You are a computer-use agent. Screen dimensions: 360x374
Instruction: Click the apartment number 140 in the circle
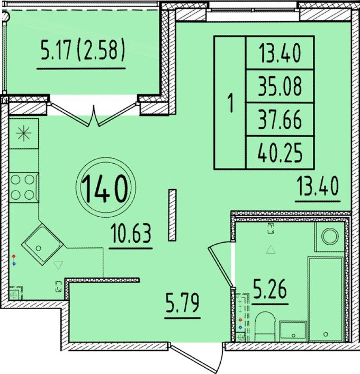tap(105, 188)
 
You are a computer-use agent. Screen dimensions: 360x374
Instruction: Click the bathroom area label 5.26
tap(270, 289)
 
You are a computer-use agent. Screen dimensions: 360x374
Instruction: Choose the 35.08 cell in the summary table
tap(280, 86)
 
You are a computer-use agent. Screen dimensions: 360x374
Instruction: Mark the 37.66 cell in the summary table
tap(280, 119)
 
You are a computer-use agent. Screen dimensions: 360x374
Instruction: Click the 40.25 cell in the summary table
tap(280, 153)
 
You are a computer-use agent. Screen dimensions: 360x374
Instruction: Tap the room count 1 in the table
tap(230, 103)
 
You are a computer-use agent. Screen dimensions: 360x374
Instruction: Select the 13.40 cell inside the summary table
tap(280, 53)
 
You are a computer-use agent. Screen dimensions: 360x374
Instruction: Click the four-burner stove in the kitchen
tap(24, 188)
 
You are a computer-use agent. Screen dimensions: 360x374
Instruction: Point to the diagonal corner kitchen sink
tap(42, 244)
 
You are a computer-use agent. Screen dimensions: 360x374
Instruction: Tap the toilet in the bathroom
tap(265, 326)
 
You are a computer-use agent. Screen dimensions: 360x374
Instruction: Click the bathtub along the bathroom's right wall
tap(326, 299)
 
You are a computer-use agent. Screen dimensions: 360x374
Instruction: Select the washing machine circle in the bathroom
tap(330, 236)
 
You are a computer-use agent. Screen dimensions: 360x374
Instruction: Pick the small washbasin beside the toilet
tap(293, 331)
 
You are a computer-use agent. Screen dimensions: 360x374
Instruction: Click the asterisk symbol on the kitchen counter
tap(24, 133)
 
